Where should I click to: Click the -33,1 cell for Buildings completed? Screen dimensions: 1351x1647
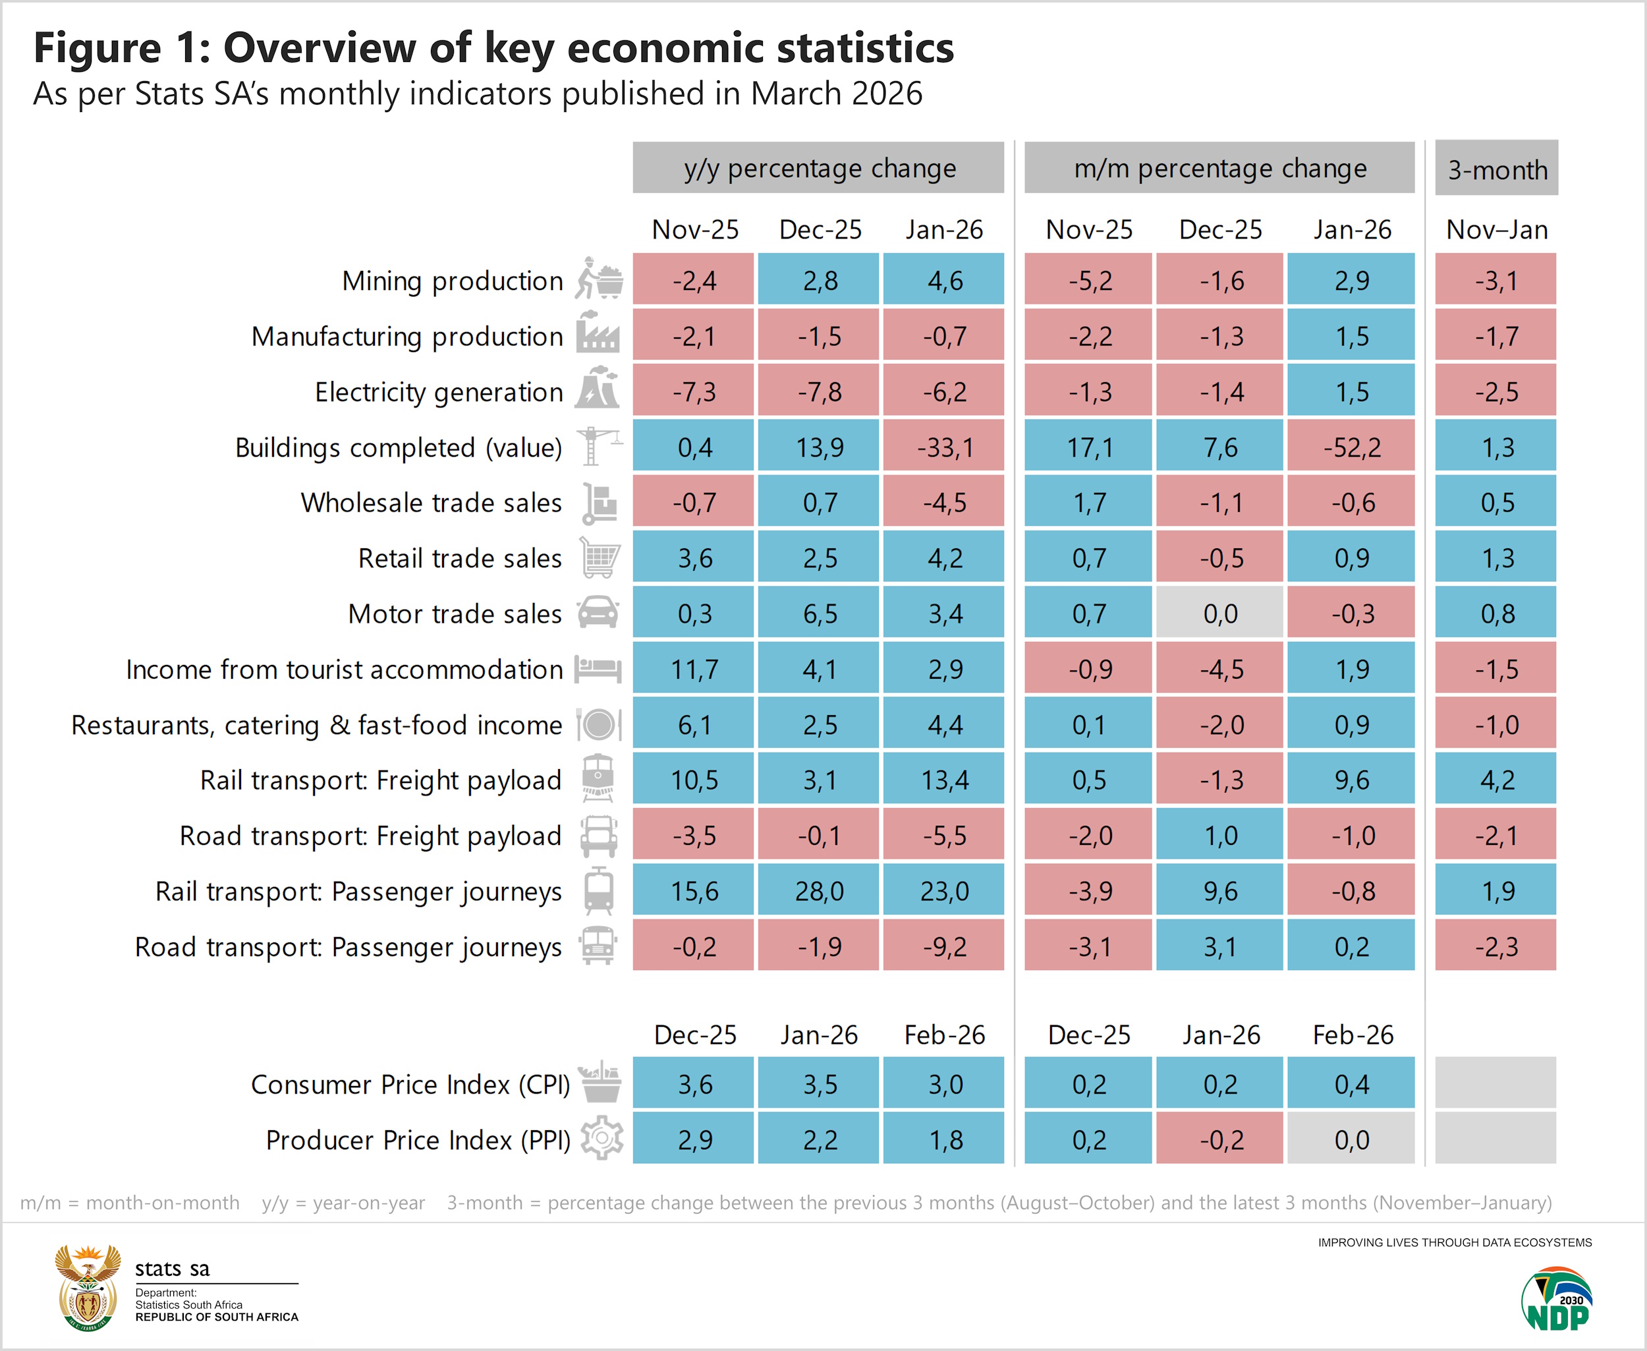943,447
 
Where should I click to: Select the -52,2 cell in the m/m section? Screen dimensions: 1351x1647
1351,447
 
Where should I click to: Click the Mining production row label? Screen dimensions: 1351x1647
452,281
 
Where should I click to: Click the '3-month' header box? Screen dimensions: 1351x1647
1497,169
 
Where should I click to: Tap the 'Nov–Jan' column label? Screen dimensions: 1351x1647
1496,229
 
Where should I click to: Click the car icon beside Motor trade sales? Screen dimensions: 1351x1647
598,612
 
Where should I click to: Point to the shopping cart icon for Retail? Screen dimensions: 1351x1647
600,558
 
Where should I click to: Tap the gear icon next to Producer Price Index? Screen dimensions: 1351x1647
602,1139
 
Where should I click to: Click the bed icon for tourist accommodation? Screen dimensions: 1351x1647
598,668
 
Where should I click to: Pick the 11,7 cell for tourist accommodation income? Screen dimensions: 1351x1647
694,670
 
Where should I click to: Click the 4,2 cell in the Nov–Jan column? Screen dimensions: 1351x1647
1496,780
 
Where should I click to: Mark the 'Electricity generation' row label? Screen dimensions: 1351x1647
439,392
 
